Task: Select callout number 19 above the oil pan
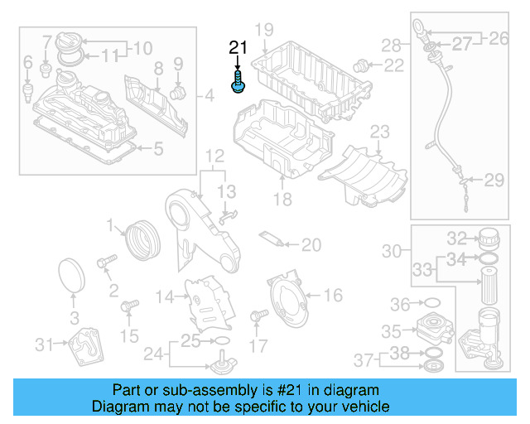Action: pyautogui.click(x=263, y=31)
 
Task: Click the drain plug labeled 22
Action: pyautogui.click(x=361, y=65)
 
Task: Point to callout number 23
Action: pyautogui.click(x=378, y=131)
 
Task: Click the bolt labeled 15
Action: pyautogui.click(x=128, y=308)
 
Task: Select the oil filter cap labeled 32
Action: pyautogui.click(x=488, y=238)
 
